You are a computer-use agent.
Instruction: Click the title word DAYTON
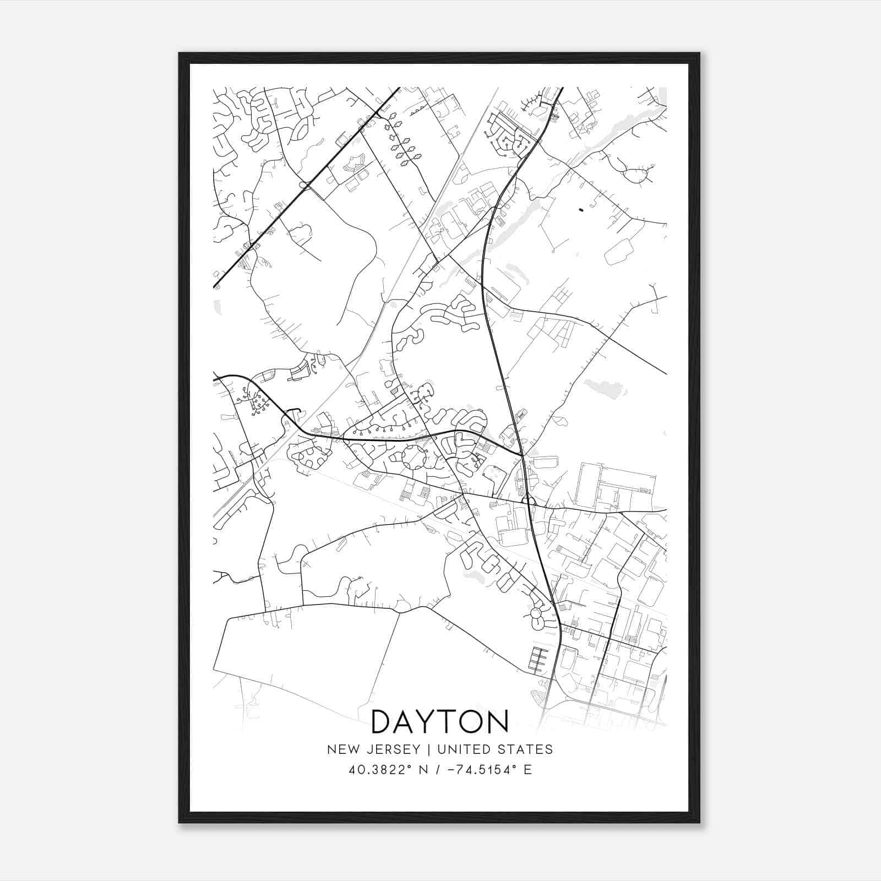click(x=440, y=722)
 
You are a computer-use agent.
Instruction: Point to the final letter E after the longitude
click(x=527, y=770)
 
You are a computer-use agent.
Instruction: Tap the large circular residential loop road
click(x=414, y=458)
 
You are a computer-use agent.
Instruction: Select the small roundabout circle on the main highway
click(x=529, y=501)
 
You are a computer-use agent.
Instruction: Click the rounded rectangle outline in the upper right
click(x=619, y=252)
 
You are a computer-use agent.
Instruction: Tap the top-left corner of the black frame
click(x=180, y=53)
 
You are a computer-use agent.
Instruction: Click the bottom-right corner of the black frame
click(x=699, y=822)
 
